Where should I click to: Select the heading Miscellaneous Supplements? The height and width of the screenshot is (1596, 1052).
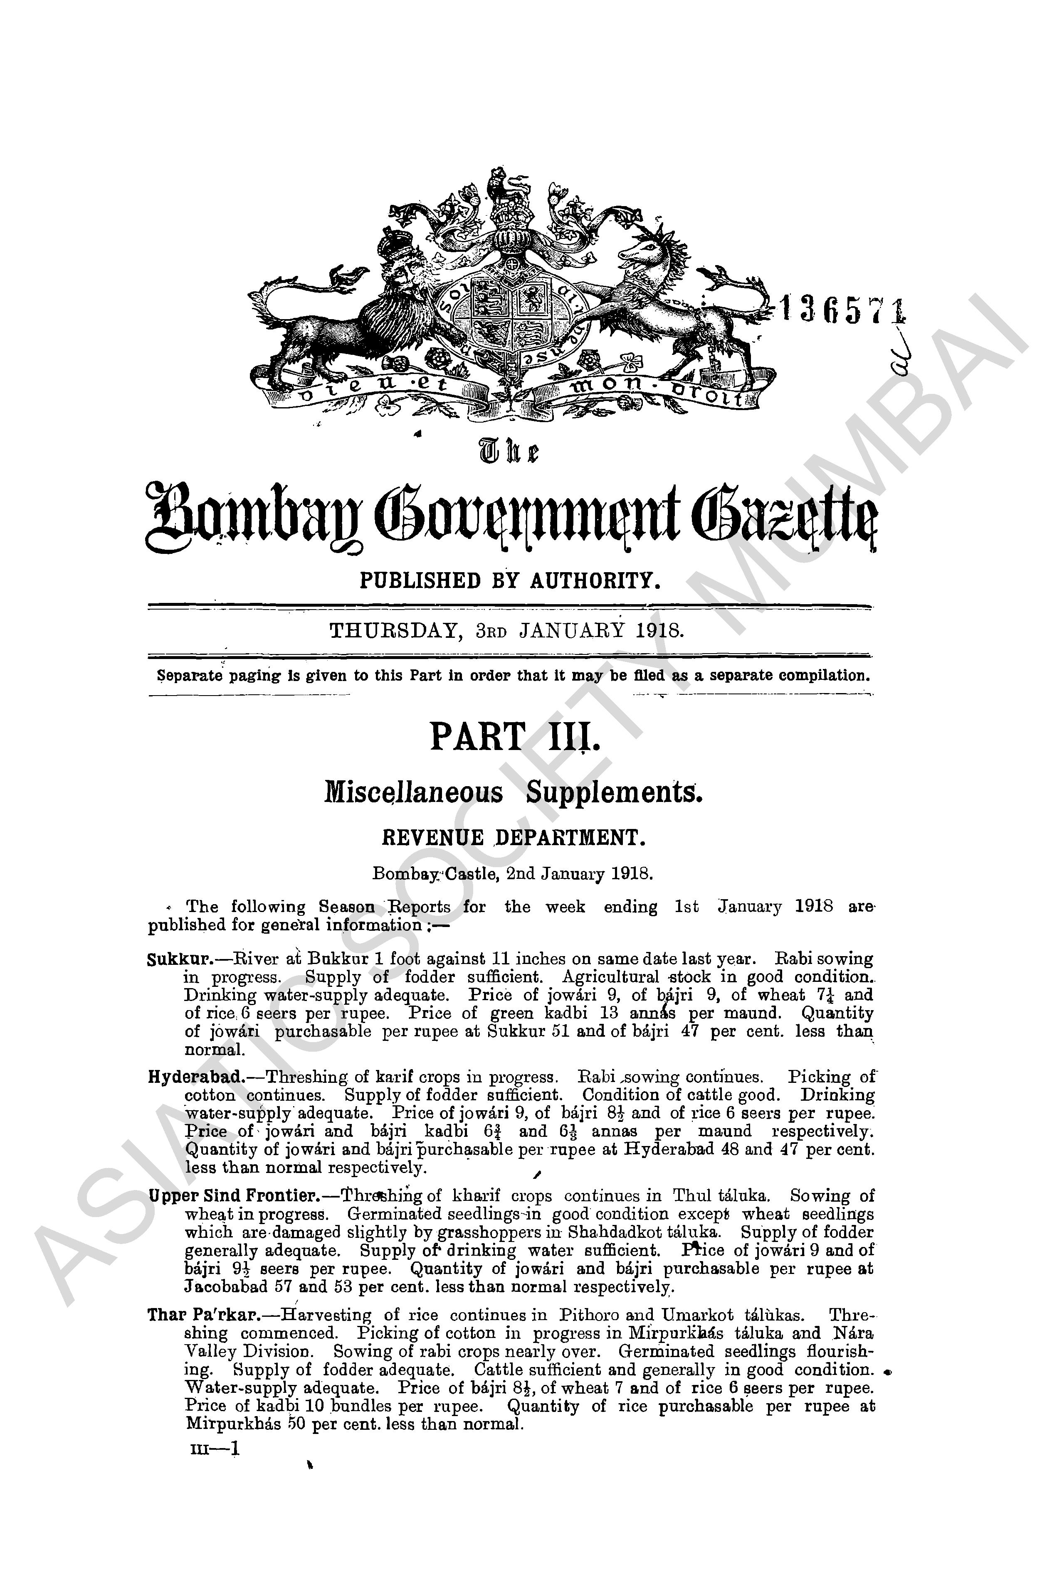[x=513, y=793]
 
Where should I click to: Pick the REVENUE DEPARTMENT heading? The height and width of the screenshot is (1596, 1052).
[x=513, y=838]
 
